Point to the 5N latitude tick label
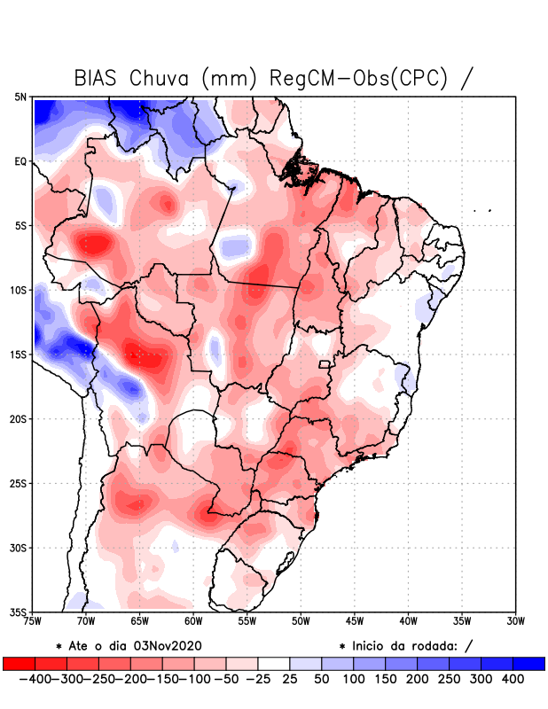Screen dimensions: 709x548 coord(20,97)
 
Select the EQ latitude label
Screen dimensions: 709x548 coord(20,161)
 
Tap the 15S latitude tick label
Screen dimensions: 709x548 coord(19,354)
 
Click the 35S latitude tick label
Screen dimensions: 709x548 coord(19,612)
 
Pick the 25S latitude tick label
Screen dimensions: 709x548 coord(19,483)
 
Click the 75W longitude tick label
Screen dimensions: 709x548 coord(33,620)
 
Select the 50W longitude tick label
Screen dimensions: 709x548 coord(301,620)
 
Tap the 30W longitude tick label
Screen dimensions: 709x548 coord(515,620)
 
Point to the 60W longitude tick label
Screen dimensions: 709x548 coord(193,620)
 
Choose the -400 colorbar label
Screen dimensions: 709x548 coord(34,679)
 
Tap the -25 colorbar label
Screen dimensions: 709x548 coord(259,679)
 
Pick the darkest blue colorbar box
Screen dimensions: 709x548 coord(529,664)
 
